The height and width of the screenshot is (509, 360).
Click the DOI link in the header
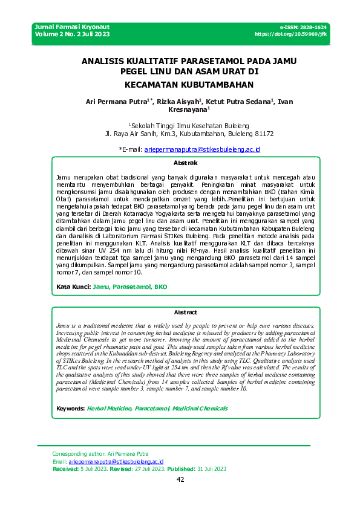click(291, 34)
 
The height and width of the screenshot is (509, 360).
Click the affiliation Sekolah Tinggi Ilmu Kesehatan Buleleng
click(180, 125)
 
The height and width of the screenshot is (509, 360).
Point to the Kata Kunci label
click(73, 287)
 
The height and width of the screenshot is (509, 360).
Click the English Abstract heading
click(185, 312)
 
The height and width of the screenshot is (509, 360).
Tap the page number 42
click(180, 479)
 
